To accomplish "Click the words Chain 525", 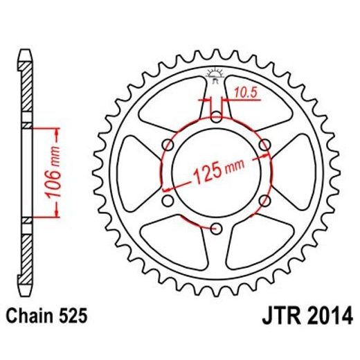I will coord(48,317).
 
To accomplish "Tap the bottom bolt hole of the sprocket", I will coord(216,228).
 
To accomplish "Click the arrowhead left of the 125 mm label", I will coord(166,188).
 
